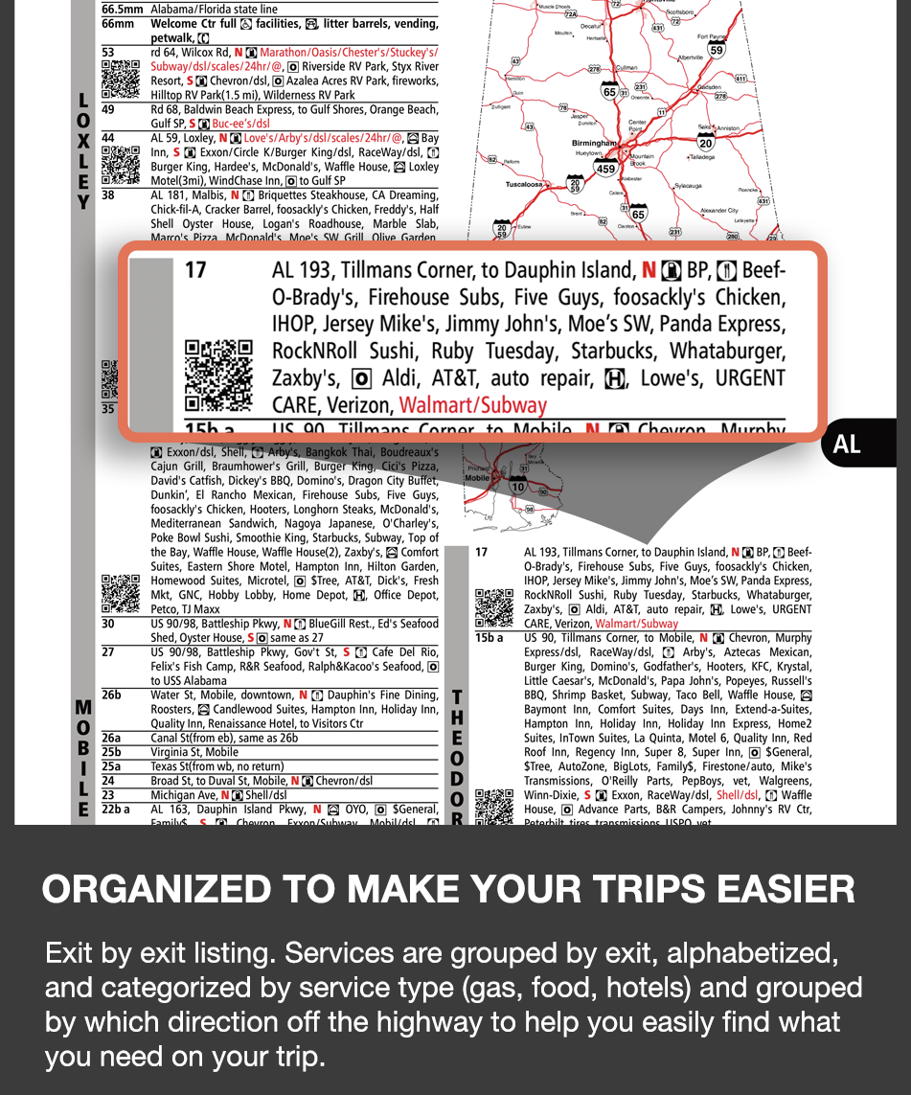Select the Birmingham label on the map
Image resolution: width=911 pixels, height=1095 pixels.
coord(593,144)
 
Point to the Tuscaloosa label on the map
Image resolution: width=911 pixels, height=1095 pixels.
coord(524,184)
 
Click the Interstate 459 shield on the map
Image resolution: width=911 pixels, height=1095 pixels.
coord(605,169)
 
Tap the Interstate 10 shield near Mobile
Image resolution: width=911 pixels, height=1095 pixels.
coord(517,487)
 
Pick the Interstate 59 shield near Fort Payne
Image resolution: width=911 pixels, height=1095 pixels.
coord(716,50)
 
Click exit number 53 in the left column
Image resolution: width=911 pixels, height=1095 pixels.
coord(108,53)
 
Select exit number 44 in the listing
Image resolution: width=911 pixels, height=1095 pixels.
coord(108,139)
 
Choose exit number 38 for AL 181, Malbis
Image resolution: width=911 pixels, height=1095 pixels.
coord(108,195)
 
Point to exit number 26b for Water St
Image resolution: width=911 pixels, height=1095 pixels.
coord(111,696)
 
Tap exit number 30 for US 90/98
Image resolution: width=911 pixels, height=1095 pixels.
coord(108,624)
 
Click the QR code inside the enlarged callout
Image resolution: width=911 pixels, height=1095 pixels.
coord(218,374)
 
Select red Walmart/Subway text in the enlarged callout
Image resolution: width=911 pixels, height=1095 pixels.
coord(472,405)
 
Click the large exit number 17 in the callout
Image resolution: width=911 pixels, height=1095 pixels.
coord(195,271)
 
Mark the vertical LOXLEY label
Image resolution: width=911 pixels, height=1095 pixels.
coord(83,151)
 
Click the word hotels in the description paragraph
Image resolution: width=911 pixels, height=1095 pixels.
coord(649,988)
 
